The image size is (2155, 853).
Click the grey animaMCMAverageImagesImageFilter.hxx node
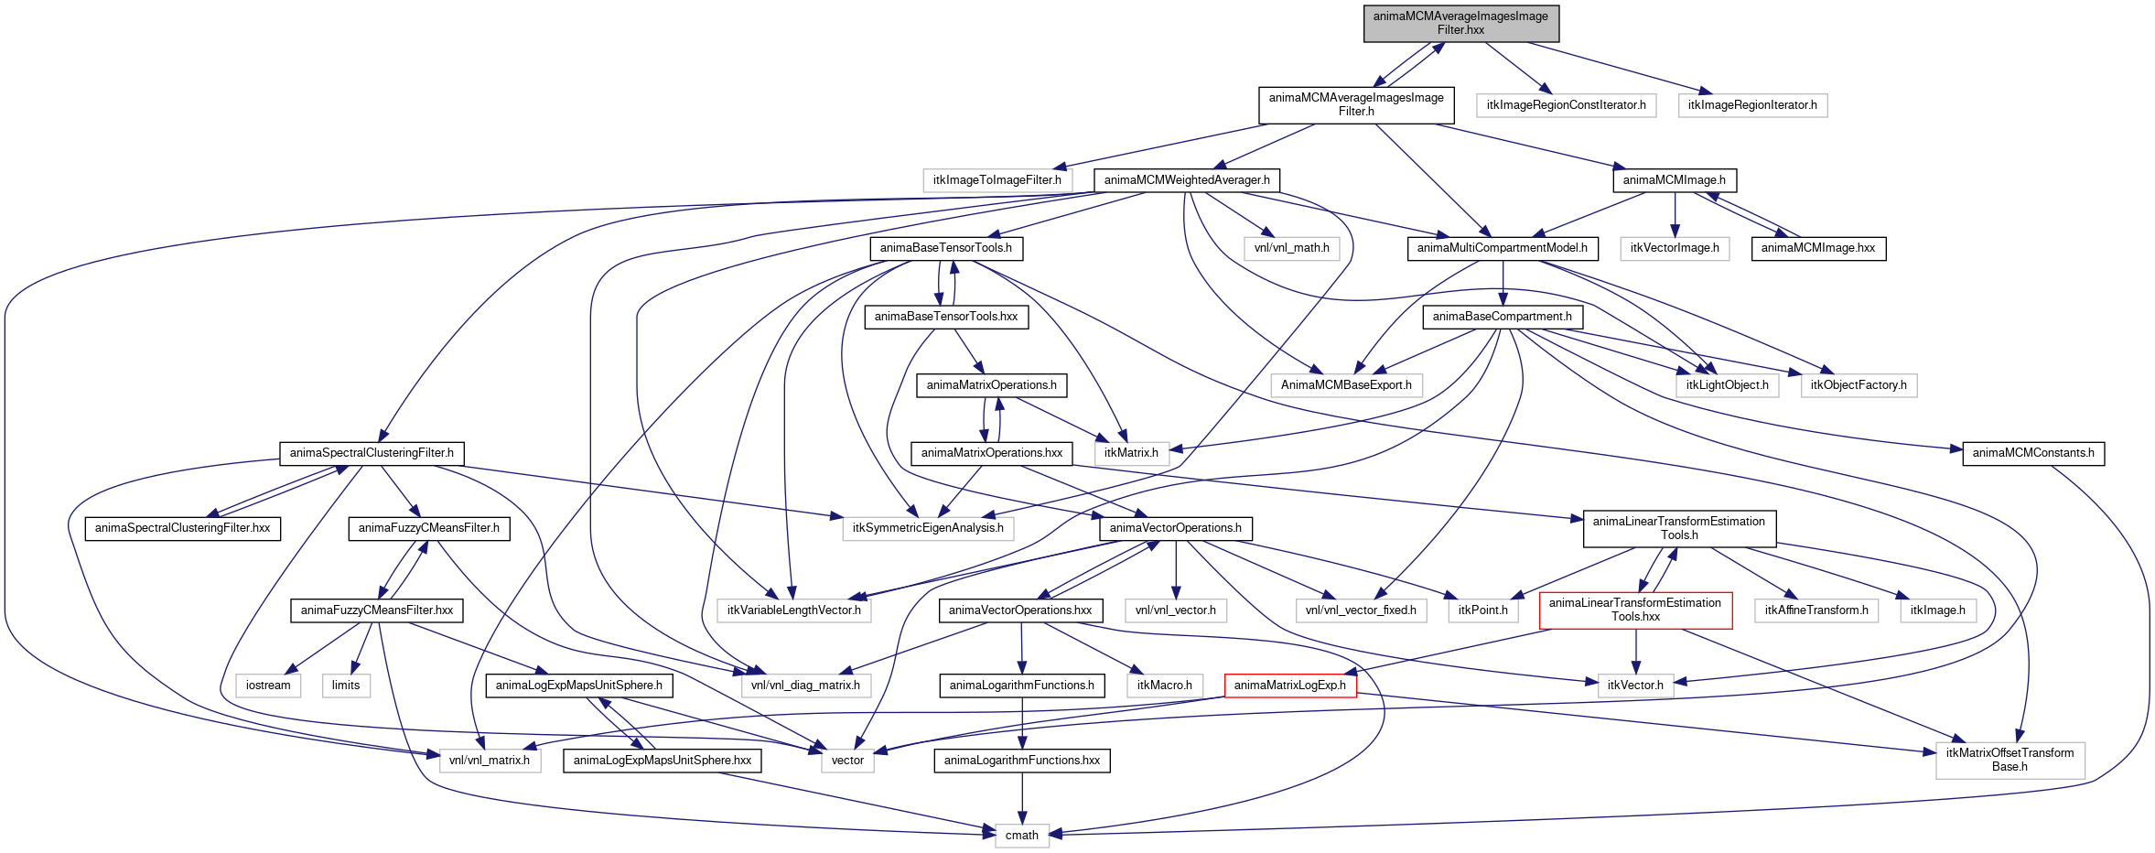point(1460,23)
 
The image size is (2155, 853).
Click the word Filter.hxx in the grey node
point(1460,30)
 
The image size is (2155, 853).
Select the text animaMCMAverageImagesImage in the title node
point(1460,16)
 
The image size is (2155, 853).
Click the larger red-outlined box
point(1635,610)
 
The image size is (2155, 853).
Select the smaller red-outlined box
point(1290,686)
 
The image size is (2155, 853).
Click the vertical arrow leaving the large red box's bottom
point(1636,652)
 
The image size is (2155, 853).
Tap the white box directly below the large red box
point(1635,686)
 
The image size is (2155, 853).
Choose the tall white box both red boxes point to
point(2010,761)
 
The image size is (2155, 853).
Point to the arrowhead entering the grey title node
point(1439,47)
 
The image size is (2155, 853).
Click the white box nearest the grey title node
point(1566,106)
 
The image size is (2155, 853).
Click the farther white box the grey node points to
point(1752,106)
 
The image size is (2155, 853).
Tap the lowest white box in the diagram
point(1022,836)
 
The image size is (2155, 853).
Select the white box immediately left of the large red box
point(1482,610)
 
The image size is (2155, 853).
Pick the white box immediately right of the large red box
point(1816,610)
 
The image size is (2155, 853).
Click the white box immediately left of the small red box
point(1164,686)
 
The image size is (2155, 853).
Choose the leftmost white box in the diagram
point(268,686)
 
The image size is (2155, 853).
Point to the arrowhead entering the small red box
point(1348,674)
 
